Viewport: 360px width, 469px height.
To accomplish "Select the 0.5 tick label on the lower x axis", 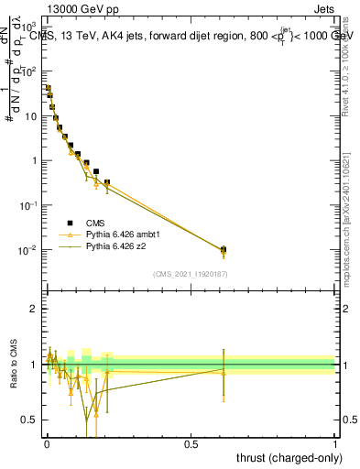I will pyautogui.click(x=191, y=443).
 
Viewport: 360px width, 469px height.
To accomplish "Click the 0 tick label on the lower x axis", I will pyautogui.click(x=46, y=443).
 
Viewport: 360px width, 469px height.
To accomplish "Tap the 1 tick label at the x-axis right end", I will pyautogui.click(x=335, y=443).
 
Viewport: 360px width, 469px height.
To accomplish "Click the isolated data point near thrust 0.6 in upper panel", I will pyautogui.click(x=223, y=249).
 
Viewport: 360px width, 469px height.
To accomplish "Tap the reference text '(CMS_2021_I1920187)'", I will pyautogui.click(x=190, y=274).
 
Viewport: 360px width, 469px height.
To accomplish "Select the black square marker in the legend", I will pyautogui.click(x=69, y=224).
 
